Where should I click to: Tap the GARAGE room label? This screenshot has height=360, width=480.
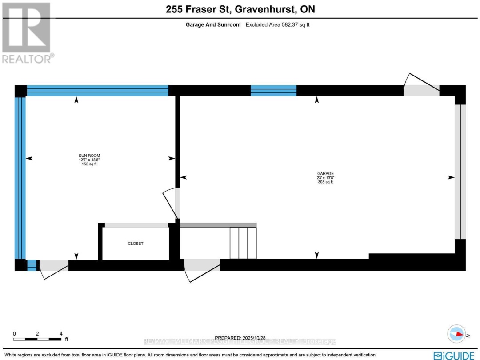pos(325,174)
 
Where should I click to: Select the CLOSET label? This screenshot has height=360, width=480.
pos(136,244)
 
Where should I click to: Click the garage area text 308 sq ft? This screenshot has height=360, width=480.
pos(325,182)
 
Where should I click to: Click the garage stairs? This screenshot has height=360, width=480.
pos(243,242)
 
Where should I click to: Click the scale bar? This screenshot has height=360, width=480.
pos(37,340)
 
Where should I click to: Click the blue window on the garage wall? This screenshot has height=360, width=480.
pos(273,91)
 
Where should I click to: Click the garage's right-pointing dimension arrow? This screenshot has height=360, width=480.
pos(451,177)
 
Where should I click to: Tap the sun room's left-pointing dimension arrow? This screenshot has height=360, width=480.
pos(30,158)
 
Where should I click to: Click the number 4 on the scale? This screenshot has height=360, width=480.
pos(61,333)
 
